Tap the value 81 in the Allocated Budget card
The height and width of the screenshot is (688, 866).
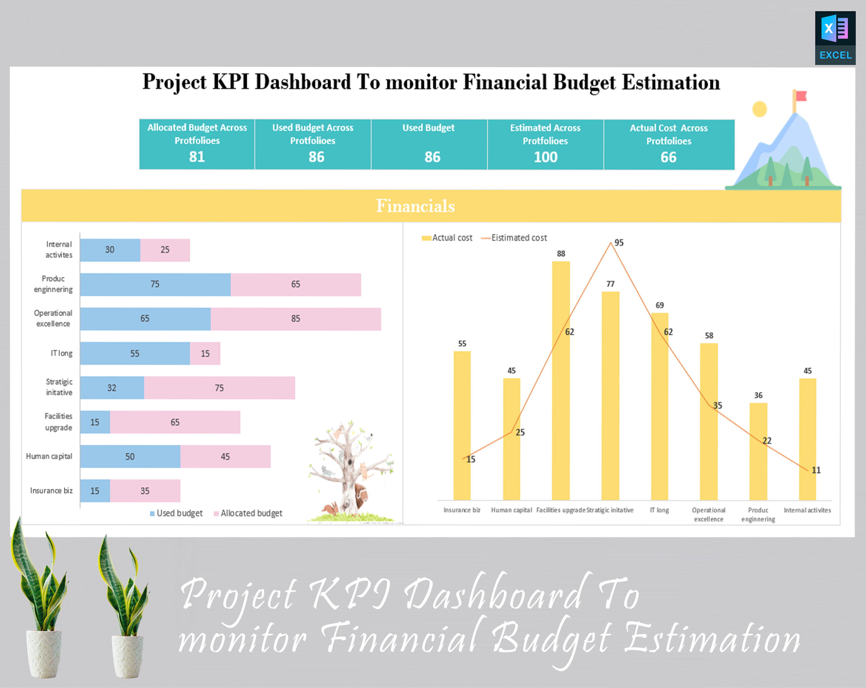point(197,157)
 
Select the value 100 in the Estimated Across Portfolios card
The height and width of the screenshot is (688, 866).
point(545,157)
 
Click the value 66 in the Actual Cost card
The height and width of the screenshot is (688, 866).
point(668,157)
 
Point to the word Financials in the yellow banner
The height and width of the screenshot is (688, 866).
point(415,206)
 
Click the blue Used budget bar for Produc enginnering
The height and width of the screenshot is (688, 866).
point(155,284)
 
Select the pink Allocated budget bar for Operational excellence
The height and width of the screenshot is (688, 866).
point(296,319)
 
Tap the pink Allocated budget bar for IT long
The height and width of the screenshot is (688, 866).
point(205,353)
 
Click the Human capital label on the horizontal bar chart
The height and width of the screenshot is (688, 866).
point(49,456)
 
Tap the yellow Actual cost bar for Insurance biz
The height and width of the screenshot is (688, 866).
point(462,426)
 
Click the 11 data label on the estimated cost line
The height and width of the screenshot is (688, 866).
point(816,470)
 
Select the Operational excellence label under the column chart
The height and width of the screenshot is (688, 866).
point(709,514)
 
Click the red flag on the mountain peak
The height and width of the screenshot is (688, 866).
point(801,96)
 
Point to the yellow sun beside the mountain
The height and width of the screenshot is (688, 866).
point(759,109)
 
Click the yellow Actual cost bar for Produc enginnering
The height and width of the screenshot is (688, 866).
point(758,452)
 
